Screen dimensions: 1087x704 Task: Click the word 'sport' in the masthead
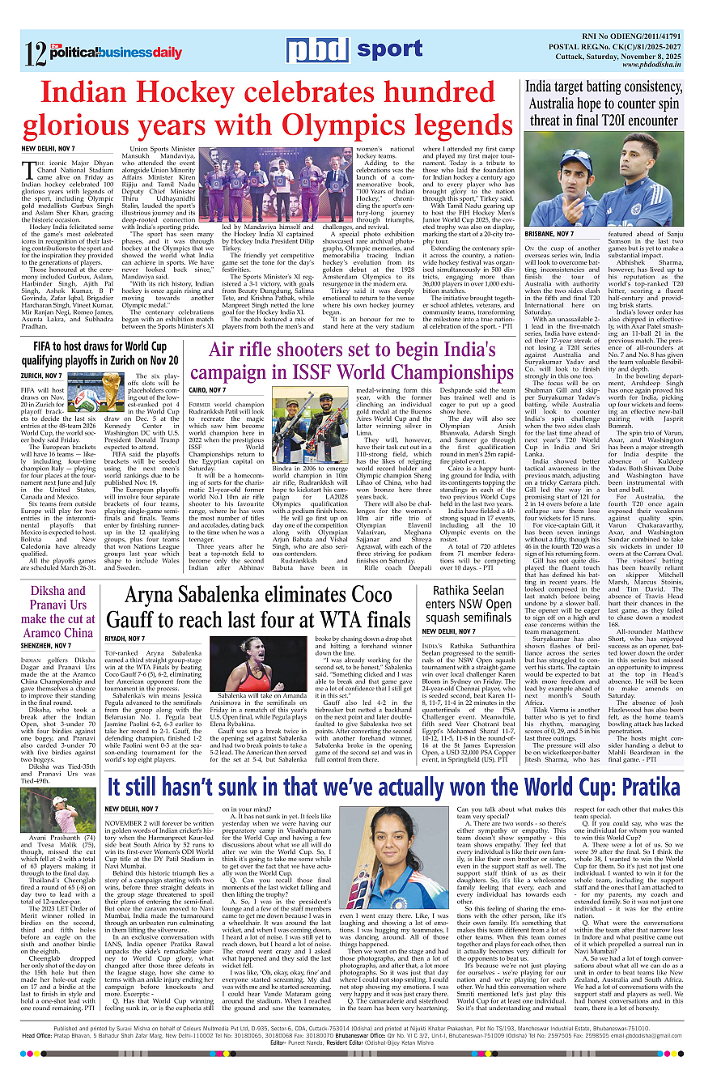pyautogui.click(x=389, y=50)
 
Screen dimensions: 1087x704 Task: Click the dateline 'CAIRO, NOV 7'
pyautogui.click(x=208, y=390)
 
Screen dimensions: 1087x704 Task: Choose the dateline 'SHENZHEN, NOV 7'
pyautogui.click(x=45, y=645)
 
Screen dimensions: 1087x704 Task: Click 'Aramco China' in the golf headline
pyautogui.click(x=57, y=633)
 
